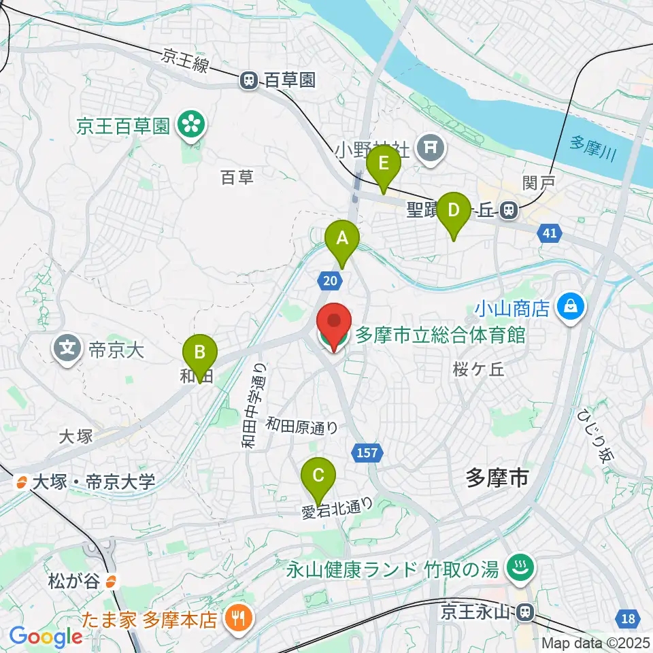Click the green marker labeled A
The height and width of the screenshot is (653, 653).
[342, 239]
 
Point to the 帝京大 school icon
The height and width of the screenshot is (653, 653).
[67, 350]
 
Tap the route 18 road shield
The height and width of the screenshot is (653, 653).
[629, 618]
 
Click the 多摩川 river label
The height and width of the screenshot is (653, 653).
[592, 149]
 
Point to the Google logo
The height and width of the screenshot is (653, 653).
[46, 636]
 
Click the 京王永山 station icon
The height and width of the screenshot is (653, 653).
[524, 613]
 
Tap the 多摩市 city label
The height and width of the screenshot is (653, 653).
[497, 478]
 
